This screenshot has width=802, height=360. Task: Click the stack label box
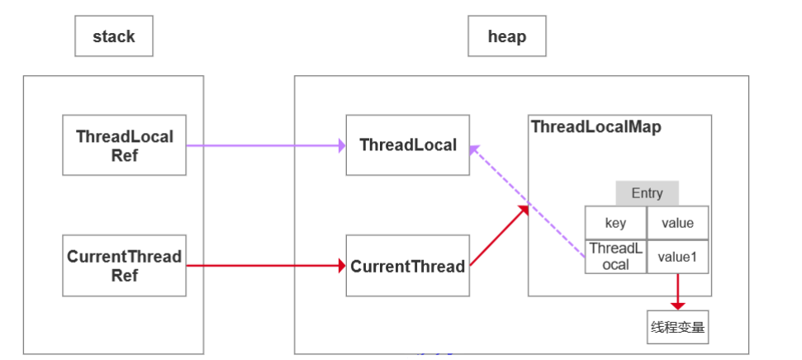coord(113,36)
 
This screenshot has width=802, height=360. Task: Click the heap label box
coord(507,36)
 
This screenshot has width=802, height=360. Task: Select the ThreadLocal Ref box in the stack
coord(124,145)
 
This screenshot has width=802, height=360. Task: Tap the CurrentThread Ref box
coord(124,265)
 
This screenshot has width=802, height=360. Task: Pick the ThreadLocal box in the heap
coord(408,145)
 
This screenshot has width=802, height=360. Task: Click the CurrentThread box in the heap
coord(408,265)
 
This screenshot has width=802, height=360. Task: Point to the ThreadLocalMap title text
coord(596,127)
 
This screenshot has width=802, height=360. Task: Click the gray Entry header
coord(647,192)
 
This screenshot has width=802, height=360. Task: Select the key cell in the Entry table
coord(616,223)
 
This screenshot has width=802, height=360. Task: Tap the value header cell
coord(678,223)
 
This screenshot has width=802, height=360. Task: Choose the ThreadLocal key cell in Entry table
coord(616,257)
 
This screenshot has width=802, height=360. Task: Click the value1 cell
coord(678,257)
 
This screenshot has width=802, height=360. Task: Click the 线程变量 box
coord(678,327)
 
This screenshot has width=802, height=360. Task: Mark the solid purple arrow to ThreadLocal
coord(266,146)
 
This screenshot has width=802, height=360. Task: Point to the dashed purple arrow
coord(527,201)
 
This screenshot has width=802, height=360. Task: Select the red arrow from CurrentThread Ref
coord(266,266)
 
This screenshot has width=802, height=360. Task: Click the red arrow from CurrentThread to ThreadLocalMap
coord(499,235)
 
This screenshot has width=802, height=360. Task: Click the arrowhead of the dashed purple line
coord(474,149)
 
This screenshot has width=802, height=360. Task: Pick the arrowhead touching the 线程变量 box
coord(678,306)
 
